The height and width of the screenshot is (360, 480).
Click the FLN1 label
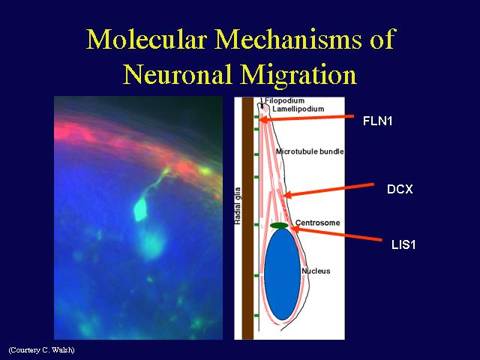point(377,121)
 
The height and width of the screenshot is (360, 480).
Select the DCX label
point(400,189)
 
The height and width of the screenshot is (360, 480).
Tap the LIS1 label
point(403,245)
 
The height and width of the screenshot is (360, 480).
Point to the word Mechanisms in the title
point(288,39)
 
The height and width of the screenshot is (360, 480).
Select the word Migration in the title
point(298,76)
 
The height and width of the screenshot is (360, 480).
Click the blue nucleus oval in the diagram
point(282,274)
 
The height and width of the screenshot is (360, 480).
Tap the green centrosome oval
point(279,226)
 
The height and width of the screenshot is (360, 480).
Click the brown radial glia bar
point(247,218)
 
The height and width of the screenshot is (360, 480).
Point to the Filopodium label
point(285,100)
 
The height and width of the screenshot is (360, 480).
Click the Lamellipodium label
point(298,109)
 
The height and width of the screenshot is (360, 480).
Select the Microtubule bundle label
point(310,151)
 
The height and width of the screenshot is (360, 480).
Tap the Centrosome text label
point(317,223)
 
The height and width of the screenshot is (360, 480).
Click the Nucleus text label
point(316,271)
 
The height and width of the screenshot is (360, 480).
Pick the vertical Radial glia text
point(238,205)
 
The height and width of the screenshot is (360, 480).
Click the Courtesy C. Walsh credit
point(42,349)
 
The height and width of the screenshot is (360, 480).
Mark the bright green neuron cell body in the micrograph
point(140,208)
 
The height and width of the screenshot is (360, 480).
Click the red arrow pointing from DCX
point(328,190)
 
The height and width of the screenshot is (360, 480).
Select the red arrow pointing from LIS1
point(335,233)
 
